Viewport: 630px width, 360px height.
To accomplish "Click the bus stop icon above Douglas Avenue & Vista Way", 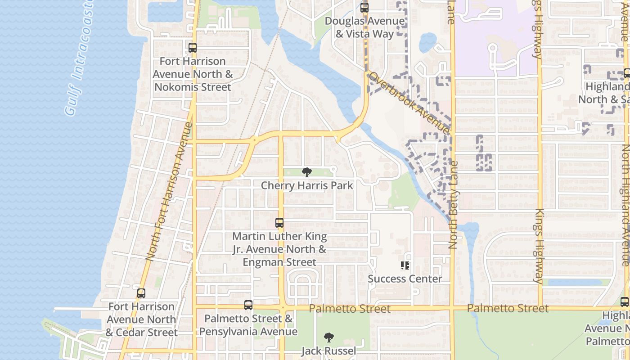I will (364, 8).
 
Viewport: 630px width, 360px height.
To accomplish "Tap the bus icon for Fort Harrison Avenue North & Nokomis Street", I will (193, 48).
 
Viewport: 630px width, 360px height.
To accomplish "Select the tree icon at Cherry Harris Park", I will (307, 172).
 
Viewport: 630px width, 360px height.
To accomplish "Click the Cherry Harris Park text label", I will (307, 185).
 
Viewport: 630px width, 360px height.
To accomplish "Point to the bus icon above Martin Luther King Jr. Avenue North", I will (279, 223).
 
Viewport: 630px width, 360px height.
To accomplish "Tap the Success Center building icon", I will (405, 265).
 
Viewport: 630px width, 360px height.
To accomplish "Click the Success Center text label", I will (405, 279).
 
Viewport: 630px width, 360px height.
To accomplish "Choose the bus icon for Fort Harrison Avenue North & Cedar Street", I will (141, 293).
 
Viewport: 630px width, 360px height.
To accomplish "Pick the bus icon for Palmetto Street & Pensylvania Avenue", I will (248, 305).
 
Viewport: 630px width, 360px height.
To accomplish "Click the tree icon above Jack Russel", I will (329, 337).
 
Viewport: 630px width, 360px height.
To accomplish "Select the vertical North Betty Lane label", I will (453, 205).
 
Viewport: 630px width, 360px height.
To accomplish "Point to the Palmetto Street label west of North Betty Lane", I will (350, 309).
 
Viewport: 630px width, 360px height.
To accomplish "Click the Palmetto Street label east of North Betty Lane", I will (508, 308).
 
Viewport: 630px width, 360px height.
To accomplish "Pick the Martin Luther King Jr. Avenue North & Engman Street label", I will (279, 249).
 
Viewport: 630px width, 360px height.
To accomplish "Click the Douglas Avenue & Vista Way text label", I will (365, 27).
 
